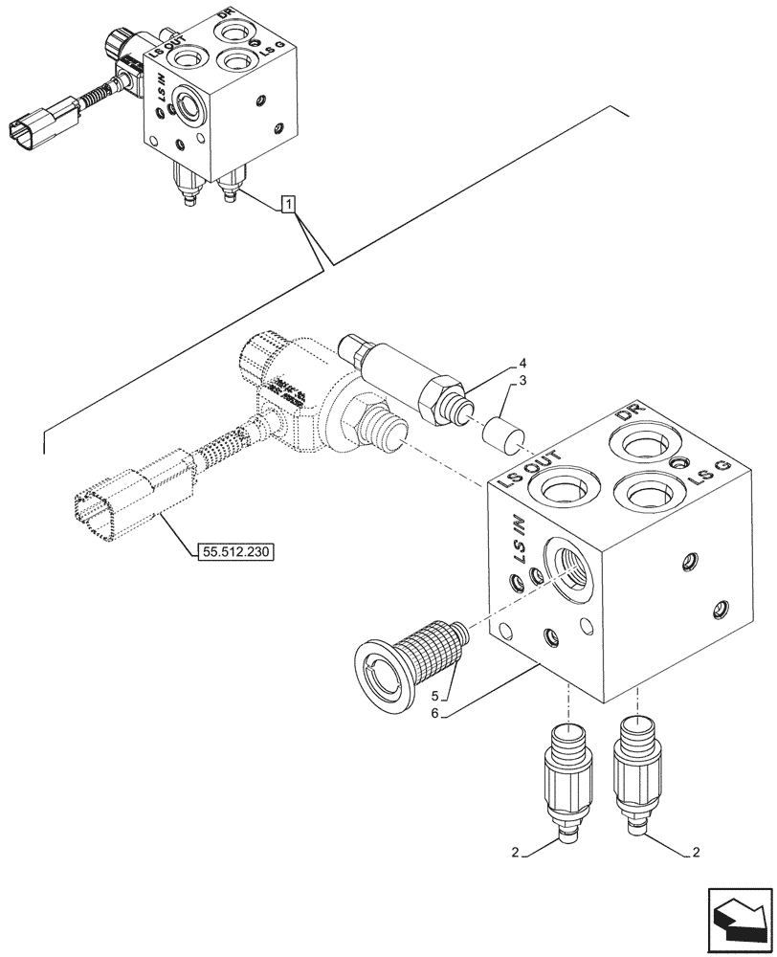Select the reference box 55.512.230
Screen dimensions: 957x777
click(235, 551)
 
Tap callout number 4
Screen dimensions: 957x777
click(522, 363)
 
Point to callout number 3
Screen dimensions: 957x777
click(522, 382)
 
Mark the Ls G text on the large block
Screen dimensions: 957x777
click(709, 470)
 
